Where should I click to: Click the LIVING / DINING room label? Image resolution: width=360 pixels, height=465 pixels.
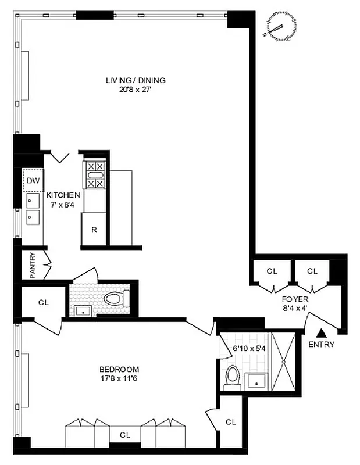(x=136, y=80)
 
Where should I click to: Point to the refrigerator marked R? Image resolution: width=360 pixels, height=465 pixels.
(x=94, y=229)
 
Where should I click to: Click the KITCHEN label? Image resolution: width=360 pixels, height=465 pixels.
(x=63, y=195)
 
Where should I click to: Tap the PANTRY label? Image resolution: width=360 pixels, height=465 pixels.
(x=25, y=264)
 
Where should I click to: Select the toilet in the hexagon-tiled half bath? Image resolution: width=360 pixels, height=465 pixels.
(x=113, y=299)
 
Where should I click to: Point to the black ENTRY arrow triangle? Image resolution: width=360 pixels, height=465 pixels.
(x=320, y=333)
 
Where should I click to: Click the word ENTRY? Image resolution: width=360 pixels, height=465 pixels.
(x=321, y=344)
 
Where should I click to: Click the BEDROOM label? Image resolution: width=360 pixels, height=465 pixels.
(x=119, y=369)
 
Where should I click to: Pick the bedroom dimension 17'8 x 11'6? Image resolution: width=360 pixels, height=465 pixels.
(x=119, y=378)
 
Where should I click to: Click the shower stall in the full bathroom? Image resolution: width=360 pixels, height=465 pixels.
(x=284, y=361)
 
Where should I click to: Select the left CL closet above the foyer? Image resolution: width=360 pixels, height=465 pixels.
(x=272, y=271)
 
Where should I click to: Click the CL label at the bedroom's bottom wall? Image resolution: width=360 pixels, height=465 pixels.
(x=124, y=434)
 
